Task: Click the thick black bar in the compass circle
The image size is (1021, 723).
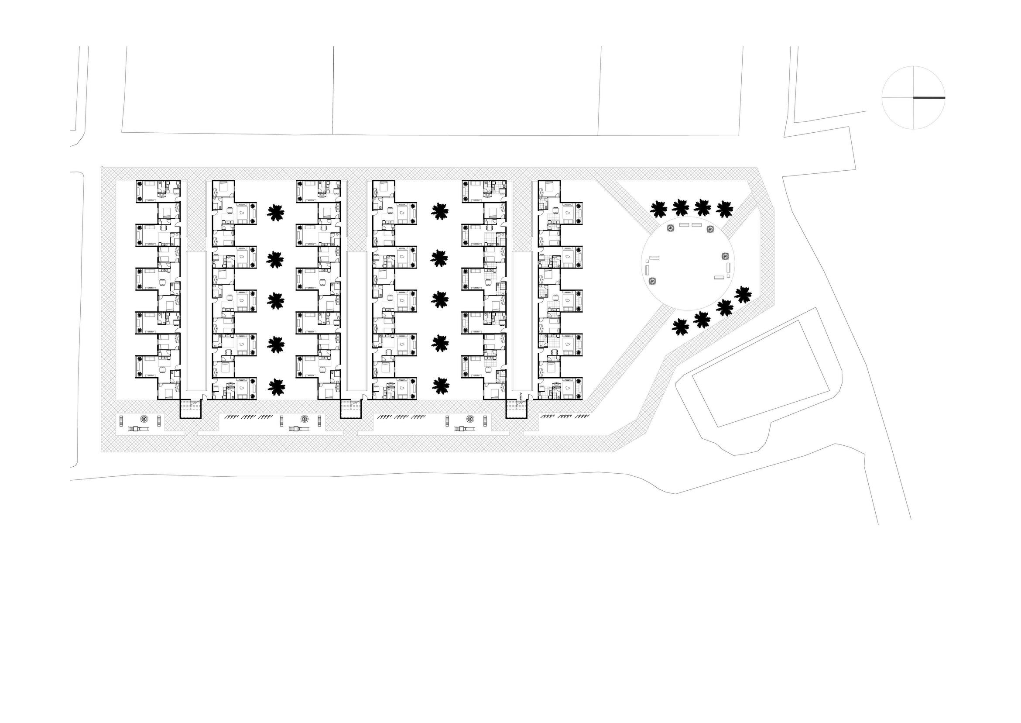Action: [929, 97]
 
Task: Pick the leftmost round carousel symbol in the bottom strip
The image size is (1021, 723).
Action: [145, 419]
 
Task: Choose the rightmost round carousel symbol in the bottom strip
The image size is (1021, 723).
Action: [470, 419]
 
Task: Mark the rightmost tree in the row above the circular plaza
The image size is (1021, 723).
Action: [725, 209]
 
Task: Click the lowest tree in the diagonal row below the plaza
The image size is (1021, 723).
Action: [680, 327]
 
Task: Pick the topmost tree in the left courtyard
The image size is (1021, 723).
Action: [276, 212]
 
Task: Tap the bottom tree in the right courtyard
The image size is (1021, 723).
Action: [440, 386]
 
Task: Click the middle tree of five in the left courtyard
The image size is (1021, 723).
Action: [276, 300]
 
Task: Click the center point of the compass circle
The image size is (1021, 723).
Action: [913, 97]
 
